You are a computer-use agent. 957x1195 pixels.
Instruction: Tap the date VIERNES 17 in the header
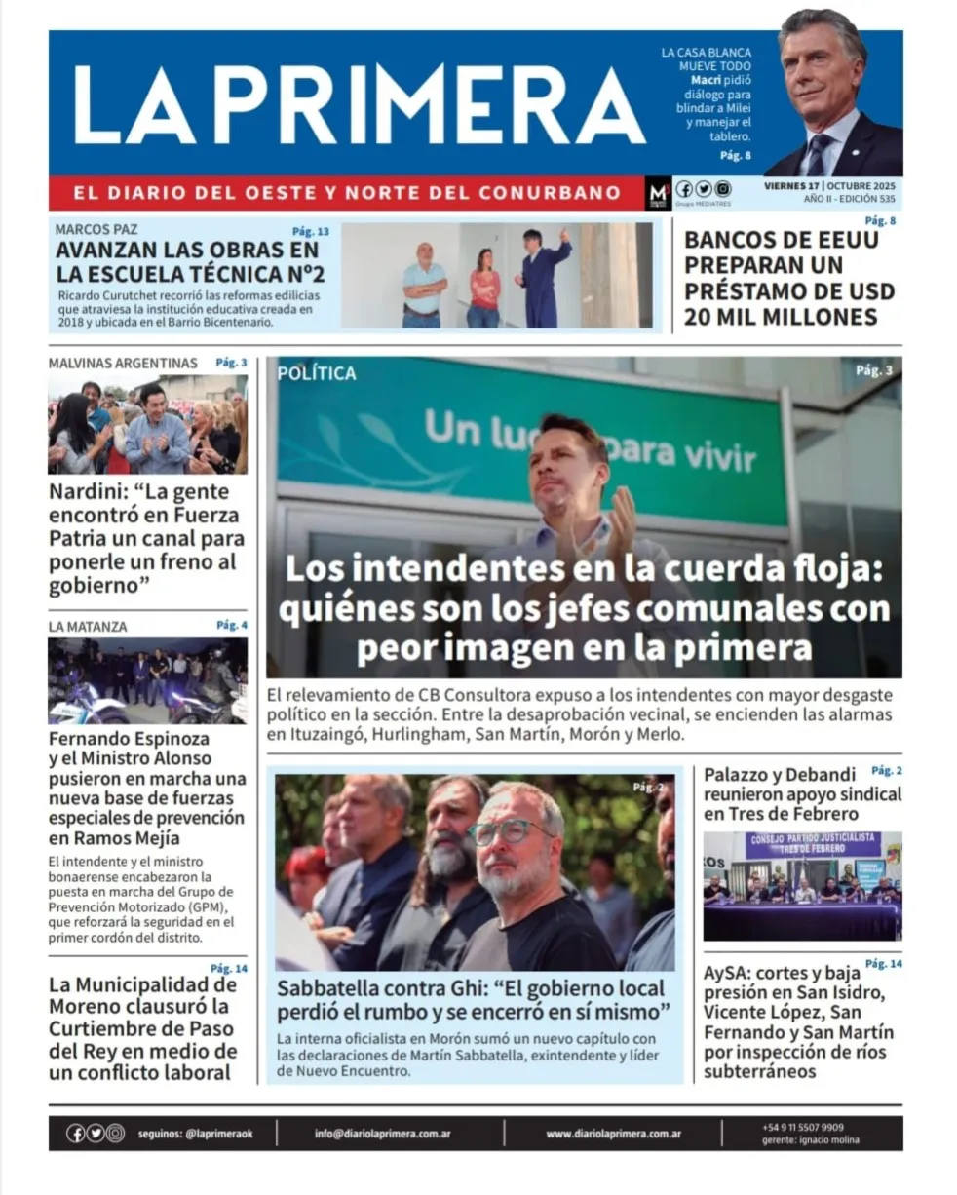click(791, 185)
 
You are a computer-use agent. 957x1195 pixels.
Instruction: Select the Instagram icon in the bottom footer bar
click(115, 1134)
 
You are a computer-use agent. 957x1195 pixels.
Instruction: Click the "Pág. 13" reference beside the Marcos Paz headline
click(311, 232)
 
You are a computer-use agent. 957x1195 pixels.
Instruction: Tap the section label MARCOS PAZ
click(96, 230)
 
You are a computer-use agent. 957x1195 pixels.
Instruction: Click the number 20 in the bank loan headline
click(701, 316)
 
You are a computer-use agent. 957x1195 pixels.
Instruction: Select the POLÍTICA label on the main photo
click(317, 373)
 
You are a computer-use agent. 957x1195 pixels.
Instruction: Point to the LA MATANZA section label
click(88, 627)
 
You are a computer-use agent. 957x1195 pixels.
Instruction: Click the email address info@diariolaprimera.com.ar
click(382, 1134)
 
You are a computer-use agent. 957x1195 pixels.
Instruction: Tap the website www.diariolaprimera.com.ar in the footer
click(613, 1134)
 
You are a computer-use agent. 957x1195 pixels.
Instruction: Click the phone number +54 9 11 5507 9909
click(803, 1127)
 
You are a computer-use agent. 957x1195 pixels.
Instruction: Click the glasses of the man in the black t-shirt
click(508, 830)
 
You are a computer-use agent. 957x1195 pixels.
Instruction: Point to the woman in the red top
click(483, 287)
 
